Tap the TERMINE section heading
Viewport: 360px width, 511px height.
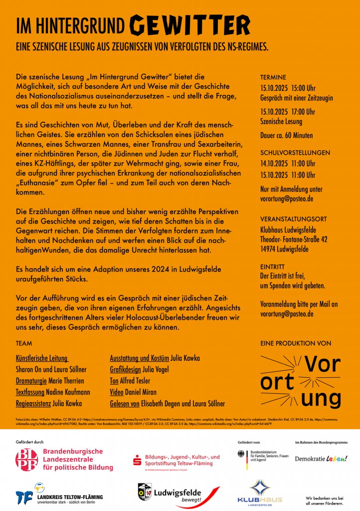pos(273,77)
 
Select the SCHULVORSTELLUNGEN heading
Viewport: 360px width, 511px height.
pos(295,152)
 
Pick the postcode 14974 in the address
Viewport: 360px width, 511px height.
pos(270,249)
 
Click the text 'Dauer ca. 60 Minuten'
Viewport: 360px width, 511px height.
pos(287,135)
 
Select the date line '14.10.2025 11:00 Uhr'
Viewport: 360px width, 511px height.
pos(288,163)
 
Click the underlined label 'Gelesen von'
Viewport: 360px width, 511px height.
pos(125,403)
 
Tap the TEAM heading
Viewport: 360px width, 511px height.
pos(24,344)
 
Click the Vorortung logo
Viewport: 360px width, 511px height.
pos(301,382)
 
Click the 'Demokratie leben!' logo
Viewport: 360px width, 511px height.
pos(321,458)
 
